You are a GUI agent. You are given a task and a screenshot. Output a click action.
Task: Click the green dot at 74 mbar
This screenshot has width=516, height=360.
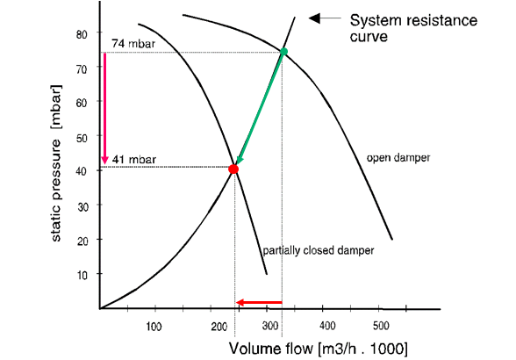283,52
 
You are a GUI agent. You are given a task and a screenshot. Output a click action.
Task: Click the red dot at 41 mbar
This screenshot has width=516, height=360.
233,169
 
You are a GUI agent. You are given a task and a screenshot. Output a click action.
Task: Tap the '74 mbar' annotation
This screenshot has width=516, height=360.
133,44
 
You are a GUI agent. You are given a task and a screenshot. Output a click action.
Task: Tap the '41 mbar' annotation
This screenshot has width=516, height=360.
134,160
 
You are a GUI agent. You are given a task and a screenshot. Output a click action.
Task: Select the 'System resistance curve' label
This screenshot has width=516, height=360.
413,28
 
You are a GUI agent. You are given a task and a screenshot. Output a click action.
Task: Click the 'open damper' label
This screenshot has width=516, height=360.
398,158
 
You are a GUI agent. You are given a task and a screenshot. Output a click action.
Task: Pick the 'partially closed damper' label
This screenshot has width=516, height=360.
319,250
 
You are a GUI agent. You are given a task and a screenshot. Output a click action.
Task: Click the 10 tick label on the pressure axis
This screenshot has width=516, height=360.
82,275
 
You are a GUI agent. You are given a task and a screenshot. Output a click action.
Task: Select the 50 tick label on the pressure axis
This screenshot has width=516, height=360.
82,137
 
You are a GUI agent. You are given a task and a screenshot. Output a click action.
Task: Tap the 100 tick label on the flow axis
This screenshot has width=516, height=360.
154,327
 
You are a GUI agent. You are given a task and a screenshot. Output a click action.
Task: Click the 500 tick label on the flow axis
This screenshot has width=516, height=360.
381,326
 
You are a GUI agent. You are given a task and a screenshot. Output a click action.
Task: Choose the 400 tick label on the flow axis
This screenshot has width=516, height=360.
327,326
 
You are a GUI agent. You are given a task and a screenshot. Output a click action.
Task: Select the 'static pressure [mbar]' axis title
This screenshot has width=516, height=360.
56,163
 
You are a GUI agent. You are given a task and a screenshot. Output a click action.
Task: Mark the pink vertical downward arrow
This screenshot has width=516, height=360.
105,109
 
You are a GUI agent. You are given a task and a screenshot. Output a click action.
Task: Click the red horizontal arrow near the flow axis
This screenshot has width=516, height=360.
259,302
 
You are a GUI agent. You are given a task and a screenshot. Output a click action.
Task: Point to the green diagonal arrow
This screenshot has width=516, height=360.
260,107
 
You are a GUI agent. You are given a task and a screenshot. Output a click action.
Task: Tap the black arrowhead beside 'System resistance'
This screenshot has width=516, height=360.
314,18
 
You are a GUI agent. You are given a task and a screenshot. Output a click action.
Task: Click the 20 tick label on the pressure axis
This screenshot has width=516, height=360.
82,241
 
